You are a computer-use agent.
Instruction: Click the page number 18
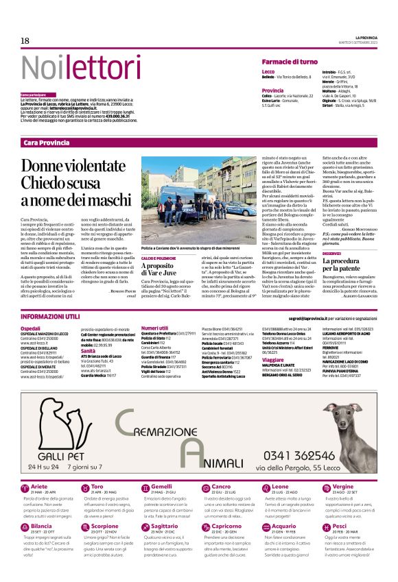click(25, 41)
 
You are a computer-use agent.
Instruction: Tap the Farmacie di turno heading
click(289, 62)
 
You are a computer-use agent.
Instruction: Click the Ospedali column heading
click(31, 328)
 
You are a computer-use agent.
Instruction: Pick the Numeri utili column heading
click(154, 328)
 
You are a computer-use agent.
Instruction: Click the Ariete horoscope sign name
click(40, 486)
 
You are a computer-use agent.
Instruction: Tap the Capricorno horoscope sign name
click(227, 525)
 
